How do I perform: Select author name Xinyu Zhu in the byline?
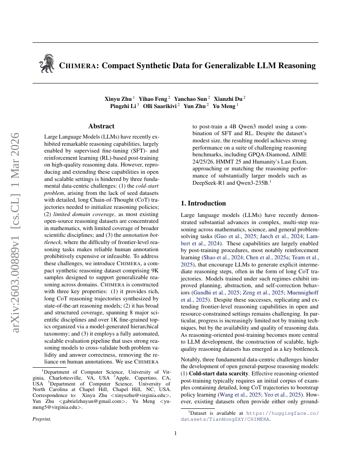pos(118,98)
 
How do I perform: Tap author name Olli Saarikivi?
pos(160,106)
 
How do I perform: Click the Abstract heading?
pos(101,126)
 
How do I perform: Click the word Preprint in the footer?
pos(42,419)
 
